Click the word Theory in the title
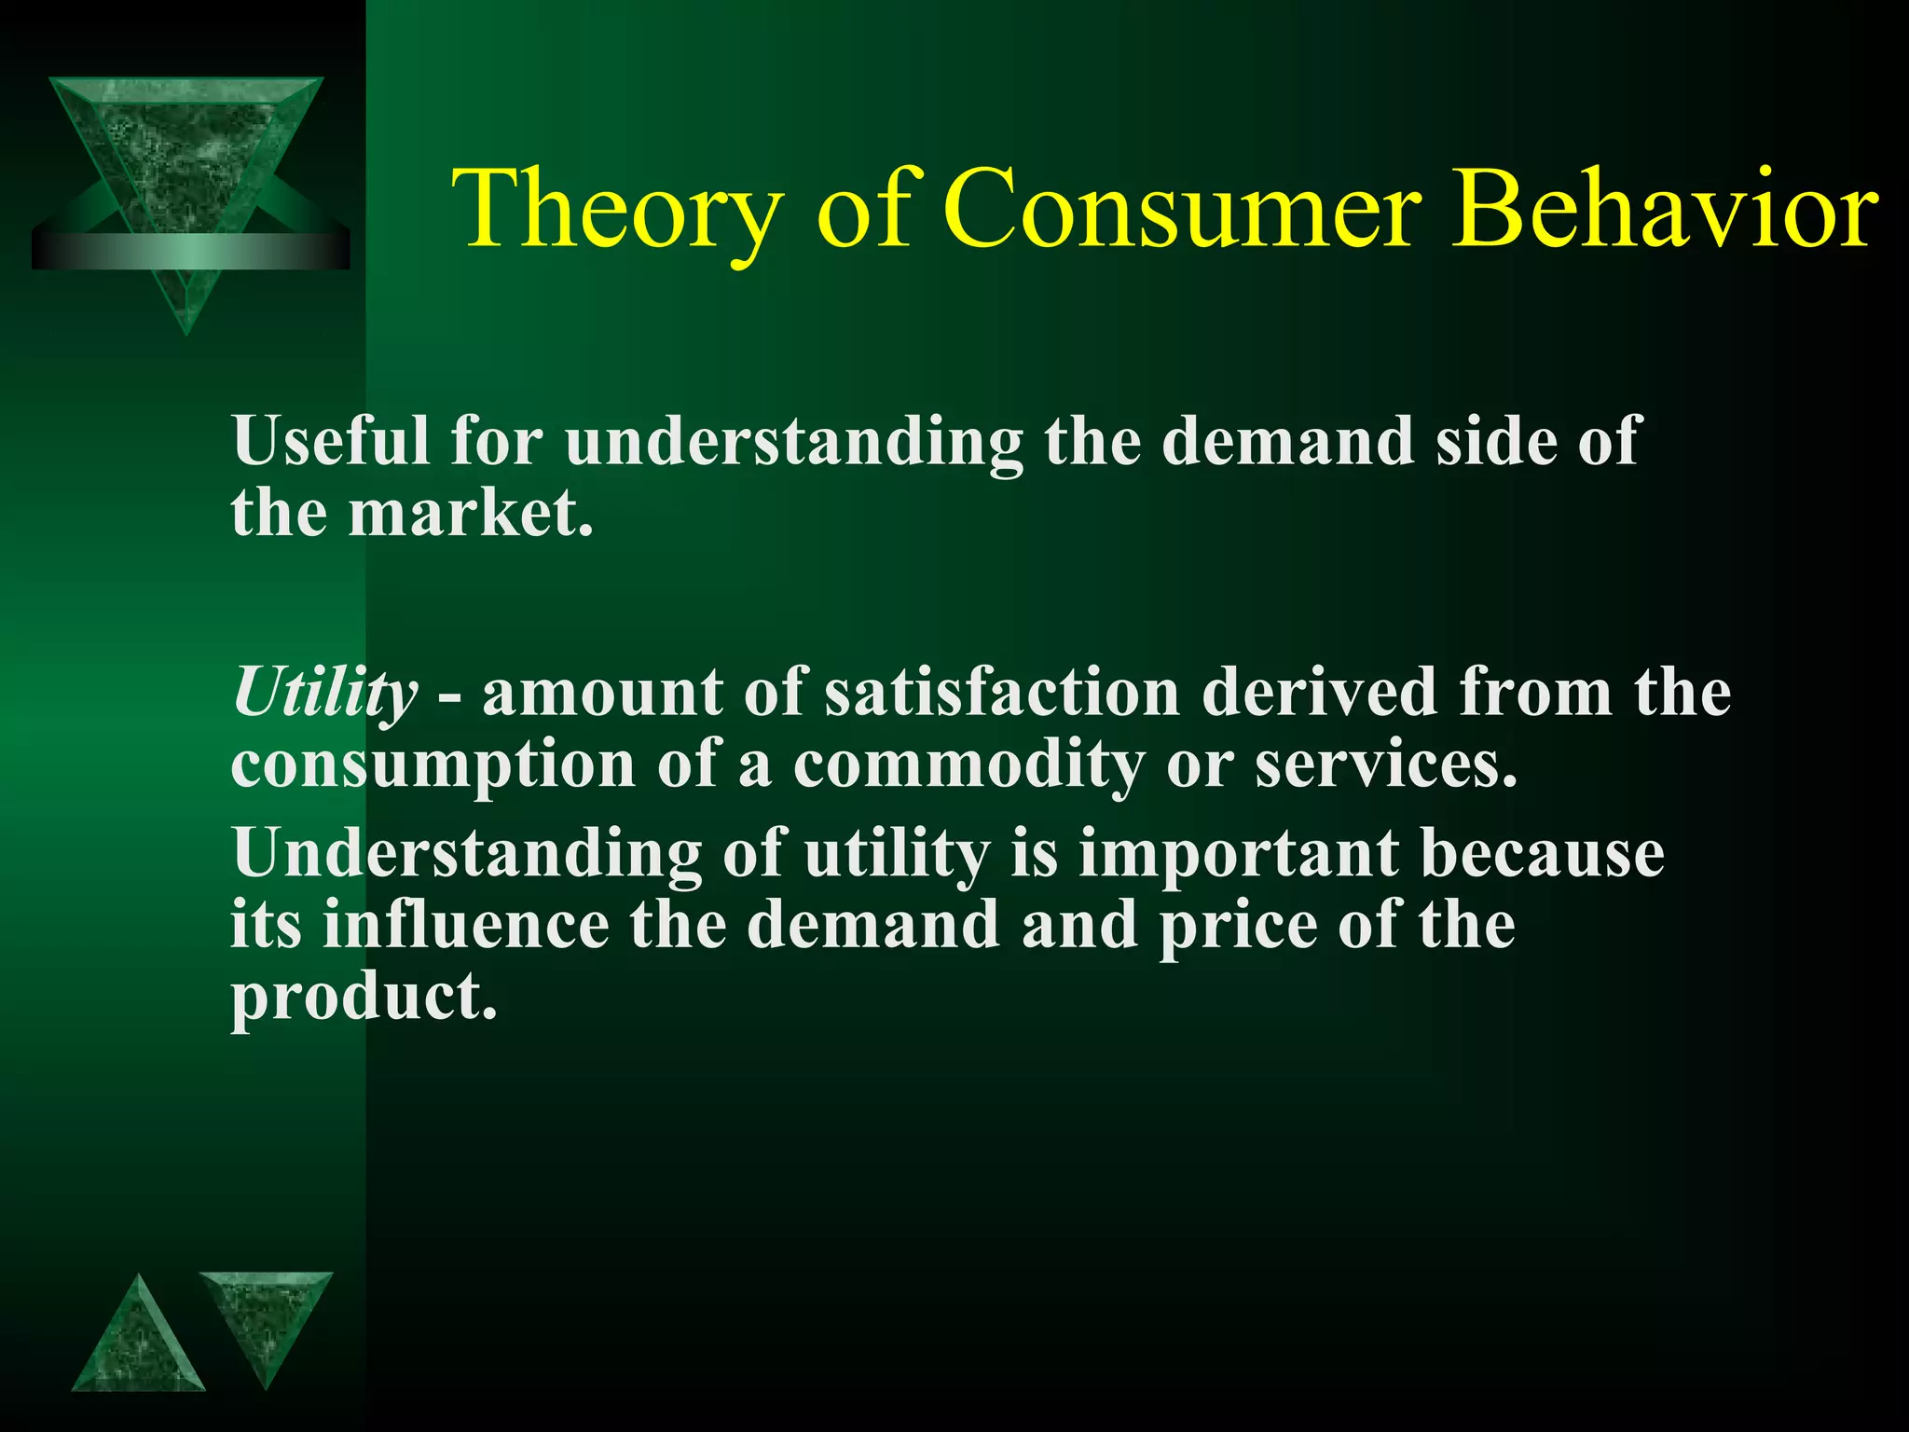(x=616, y=210)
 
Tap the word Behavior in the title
(x=1664, y=210)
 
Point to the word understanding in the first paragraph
(x=793, y=442)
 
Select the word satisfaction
(x=1002, y=693)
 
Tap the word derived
(x=1319, y=693)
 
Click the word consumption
(x=433, y=766)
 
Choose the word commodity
(x=968, y=766)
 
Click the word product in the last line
(x=364, y=998)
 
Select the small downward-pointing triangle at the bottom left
(x=265, y=1319)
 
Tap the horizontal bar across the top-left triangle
(x=190, y=250)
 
